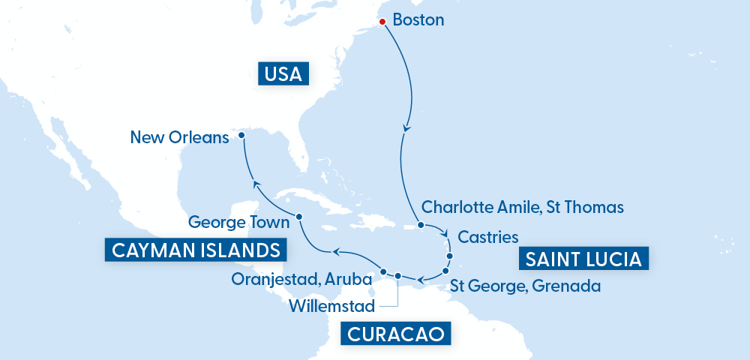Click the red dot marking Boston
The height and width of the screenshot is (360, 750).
coord(382,22)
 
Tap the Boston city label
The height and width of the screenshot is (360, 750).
coord(418,20)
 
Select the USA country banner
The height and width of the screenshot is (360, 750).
coord(283,74)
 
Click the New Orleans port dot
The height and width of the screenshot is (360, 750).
coord(241,136)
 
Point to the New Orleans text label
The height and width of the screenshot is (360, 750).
coord(178,137)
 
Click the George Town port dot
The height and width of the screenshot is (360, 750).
coord(299,217)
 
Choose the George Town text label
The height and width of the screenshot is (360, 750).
coord(238,222)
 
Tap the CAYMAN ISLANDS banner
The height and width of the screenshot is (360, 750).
coord(196,250)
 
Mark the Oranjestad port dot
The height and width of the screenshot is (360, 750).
coord(383,271)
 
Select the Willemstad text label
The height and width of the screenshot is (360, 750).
coord(331,305)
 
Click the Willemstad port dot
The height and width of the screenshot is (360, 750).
coord(398,275)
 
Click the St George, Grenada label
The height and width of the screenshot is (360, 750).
coord(525,286)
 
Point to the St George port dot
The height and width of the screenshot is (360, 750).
coord(445,270)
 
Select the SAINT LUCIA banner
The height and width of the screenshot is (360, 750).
coord(583,259)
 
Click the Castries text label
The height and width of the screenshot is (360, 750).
coord(487,237)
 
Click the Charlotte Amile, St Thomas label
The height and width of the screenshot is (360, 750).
coord(523,206)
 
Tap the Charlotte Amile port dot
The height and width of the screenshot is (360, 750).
coord(421,225)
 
